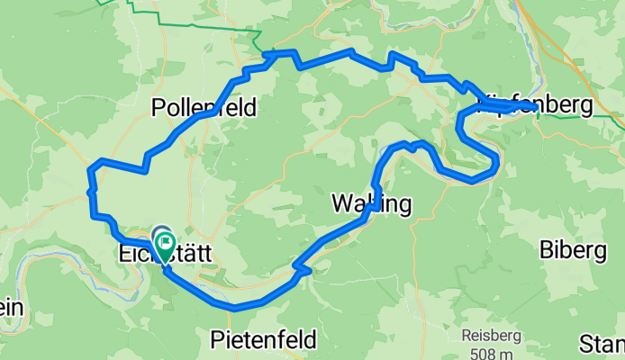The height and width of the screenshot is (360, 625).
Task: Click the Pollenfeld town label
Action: (x=204, y=108)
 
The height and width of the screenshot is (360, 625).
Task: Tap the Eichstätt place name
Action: (x=165, y=255)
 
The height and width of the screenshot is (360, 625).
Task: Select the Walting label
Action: (x=371, y=204)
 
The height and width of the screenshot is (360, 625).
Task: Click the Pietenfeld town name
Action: (x=263, y=340)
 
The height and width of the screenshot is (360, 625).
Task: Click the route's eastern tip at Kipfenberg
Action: (x=536, y=106)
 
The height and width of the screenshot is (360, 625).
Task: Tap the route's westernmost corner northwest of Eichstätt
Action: (x=89, y=168)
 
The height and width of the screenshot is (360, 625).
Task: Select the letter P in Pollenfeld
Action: (x=159, y=108)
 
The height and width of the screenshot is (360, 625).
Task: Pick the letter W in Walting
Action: (x=342, y=204)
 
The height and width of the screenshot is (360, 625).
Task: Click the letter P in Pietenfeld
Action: (x=217, y=340)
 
